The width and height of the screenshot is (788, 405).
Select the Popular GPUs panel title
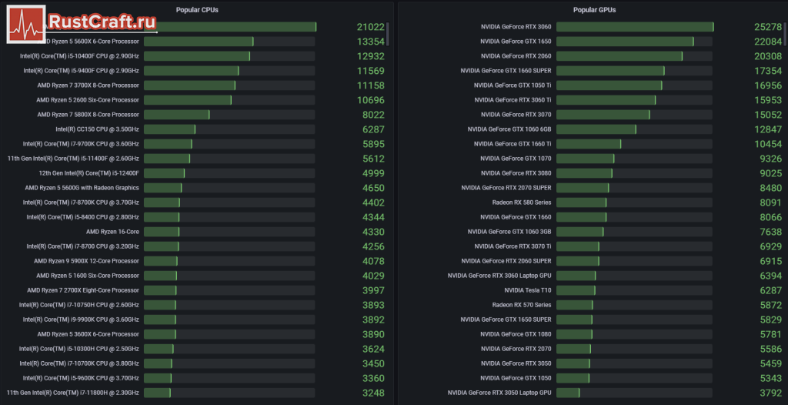[594, 10]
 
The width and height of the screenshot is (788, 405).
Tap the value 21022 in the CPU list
[370, 27]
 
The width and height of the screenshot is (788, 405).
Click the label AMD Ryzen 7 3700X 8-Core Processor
[88, 85]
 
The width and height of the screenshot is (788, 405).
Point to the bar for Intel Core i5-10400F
[197, 56]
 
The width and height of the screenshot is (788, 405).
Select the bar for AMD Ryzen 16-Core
[162, 232]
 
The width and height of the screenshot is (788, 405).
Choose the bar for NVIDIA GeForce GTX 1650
[625, 42]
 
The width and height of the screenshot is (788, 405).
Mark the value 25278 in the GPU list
[768, 27]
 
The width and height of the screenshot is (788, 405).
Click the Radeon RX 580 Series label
[522, 202]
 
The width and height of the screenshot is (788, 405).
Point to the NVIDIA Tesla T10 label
[528, 290]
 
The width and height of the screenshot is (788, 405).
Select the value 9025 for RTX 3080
[770, 173]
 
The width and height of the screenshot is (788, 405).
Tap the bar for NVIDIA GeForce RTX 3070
[603, 115]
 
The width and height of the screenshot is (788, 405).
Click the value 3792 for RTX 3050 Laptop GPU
[770, 393]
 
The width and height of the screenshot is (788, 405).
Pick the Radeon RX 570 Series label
[522, 305]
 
